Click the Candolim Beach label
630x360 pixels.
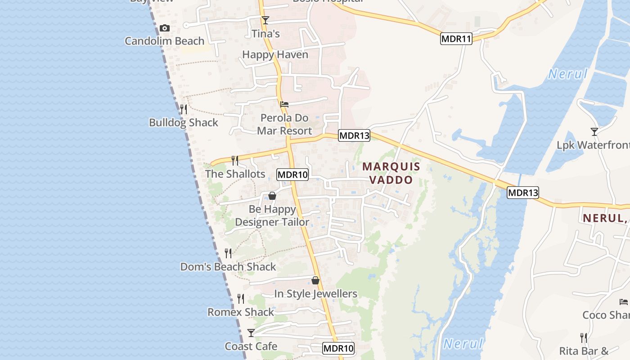(x=164, y=41)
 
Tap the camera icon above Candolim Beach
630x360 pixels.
(x=165, y=28)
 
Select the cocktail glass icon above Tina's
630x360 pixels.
(x=265, y=20)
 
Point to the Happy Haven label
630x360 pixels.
(x=275, y=55)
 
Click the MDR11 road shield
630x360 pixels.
(x=456, y=39)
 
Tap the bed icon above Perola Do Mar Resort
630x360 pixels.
(x=284, y=104)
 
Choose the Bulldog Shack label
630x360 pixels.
(x=183, y=123)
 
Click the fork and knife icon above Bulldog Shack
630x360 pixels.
(x=183, y=109)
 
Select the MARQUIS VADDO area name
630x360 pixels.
(x=391, y=173)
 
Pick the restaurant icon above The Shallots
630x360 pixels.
(x=235, y=161)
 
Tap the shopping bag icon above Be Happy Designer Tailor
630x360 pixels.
(x=272, y=196)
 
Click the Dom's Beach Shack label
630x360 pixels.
(x=228, y=267)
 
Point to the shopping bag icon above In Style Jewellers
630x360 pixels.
(x=315, y=280)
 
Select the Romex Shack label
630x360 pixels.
(x=240, y=312)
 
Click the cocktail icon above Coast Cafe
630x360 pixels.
(x=251, y=333)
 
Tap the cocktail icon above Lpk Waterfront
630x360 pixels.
(x=594, y=132)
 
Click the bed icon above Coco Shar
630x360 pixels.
(x=624, y=302)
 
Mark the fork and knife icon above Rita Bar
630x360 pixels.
(x=584, y=338)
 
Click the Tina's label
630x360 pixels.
(x=265, y=34)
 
